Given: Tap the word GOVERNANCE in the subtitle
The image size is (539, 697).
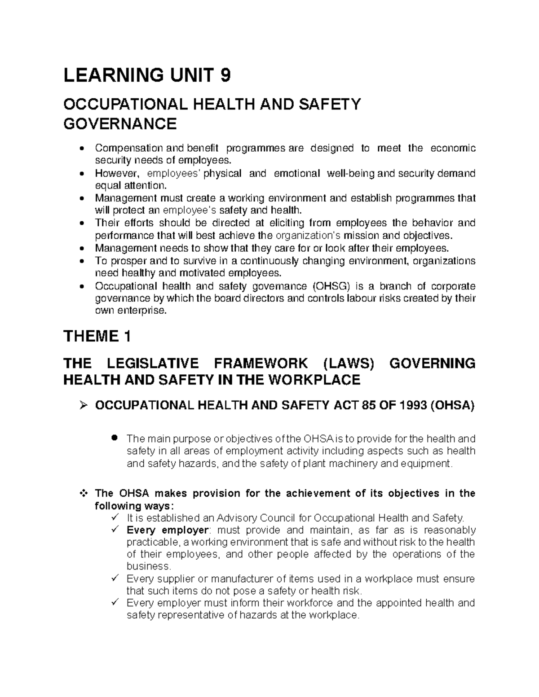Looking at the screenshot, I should [120, 123].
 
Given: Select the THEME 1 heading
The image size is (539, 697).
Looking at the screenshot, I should [97, 336].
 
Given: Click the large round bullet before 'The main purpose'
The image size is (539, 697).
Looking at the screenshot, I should [115, 437].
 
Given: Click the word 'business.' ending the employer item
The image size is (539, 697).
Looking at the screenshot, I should [149, 566].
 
